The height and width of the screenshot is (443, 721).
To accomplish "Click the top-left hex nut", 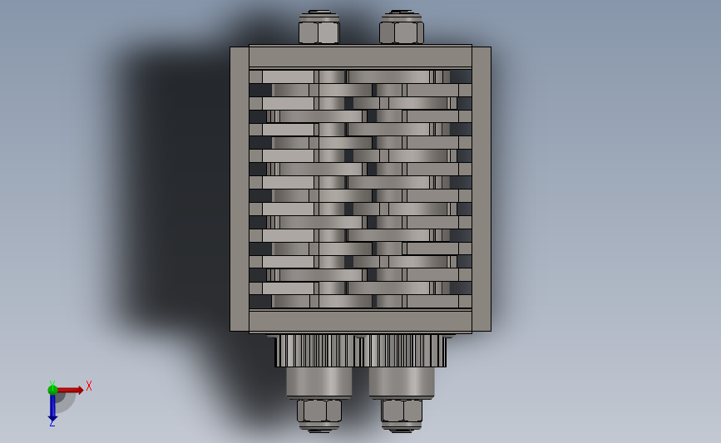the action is pos(319,31).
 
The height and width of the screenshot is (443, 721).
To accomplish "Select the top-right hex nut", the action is pos(402,31).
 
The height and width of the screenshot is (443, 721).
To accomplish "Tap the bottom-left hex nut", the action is pos(319,411).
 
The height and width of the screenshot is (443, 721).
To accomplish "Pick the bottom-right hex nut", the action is pos(402,411).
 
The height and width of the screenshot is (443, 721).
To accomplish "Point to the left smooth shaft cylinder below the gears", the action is pos(319,382).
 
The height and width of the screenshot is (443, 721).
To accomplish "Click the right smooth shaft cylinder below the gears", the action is pos(402,382).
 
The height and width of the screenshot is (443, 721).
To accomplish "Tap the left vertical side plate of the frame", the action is pos(240,189).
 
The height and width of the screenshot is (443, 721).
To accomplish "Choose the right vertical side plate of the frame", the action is pos(481,189).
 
